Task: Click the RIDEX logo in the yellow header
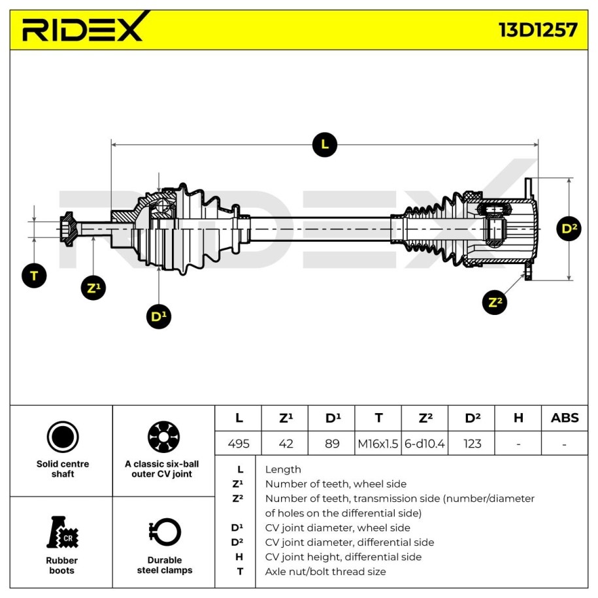point(82,29)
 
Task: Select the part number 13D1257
point(537,30)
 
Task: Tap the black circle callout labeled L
point(325,144)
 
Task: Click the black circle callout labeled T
point(34,275)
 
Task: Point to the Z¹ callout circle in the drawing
point(93,288)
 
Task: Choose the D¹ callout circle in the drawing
point(158,316)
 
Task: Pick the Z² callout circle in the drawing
point(496,302)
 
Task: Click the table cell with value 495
point(239,444)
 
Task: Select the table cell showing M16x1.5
point(378,444)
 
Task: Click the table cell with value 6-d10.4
point(425,444)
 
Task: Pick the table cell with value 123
point(472,444)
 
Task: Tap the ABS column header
point(565,418)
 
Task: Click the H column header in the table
point(518,418)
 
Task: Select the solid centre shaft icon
point(63,437)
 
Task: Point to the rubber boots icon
point(62,533)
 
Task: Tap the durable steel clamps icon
point(164,533)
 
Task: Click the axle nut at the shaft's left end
point(67,229)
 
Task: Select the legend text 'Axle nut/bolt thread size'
point(325,571)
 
